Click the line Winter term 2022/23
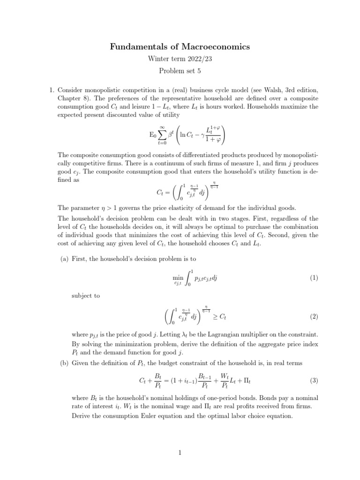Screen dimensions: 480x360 coord(180,60)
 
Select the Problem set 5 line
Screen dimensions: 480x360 coord(180,71)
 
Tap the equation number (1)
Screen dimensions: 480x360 coord(314,278)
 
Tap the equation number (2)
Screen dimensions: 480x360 coord(314,317)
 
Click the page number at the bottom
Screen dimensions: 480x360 coord(180,452)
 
